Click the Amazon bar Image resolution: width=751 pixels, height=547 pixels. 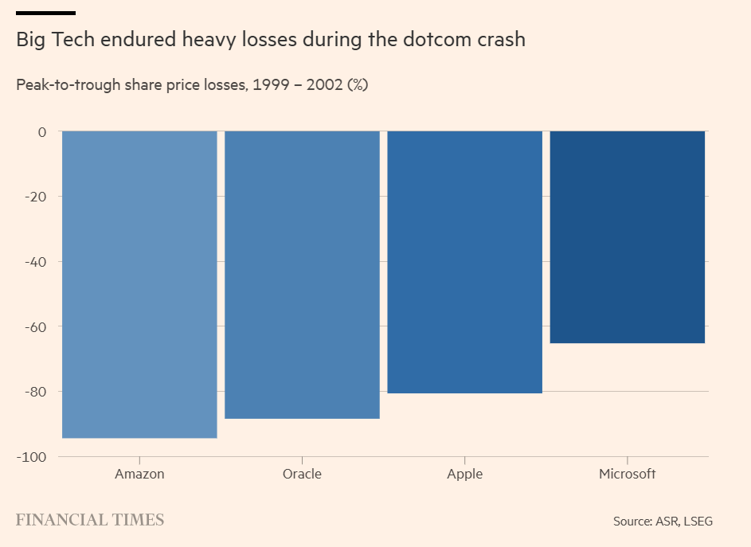139,284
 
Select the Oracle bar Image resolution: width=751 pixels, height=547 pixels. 302,275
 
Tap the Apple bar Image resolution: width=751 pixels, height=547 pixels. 464,262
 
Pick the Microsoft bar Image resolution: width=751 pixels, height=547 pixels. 628,237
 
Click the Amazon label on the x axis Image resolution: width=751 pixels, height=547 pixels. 139,474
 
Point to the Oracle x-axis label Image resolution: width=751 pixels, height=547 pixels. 302,474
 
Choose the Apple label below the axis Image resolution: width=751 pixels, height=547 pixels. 464,474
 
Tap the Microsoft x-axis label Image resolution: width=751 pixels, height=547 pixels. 628,474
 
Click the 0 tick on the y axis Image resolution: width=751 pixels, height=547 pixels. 42,131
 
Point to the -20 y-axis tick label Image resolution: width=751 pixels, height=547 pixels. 37,197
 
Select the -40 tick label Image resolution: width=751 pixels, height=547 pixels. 37,262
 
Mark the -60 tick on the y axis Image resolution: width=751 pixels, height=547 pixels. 37,326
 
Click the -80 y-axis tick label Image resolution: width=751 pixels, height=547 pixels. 37,392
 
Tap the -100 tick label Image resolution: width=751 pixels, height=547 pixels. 33,457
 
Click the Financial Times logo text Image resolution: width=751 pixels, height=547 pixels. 90,520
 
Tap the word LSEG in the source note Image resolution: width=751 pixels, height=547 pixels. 696,522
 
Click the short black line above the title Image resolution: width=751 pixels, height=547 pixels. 45,13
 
